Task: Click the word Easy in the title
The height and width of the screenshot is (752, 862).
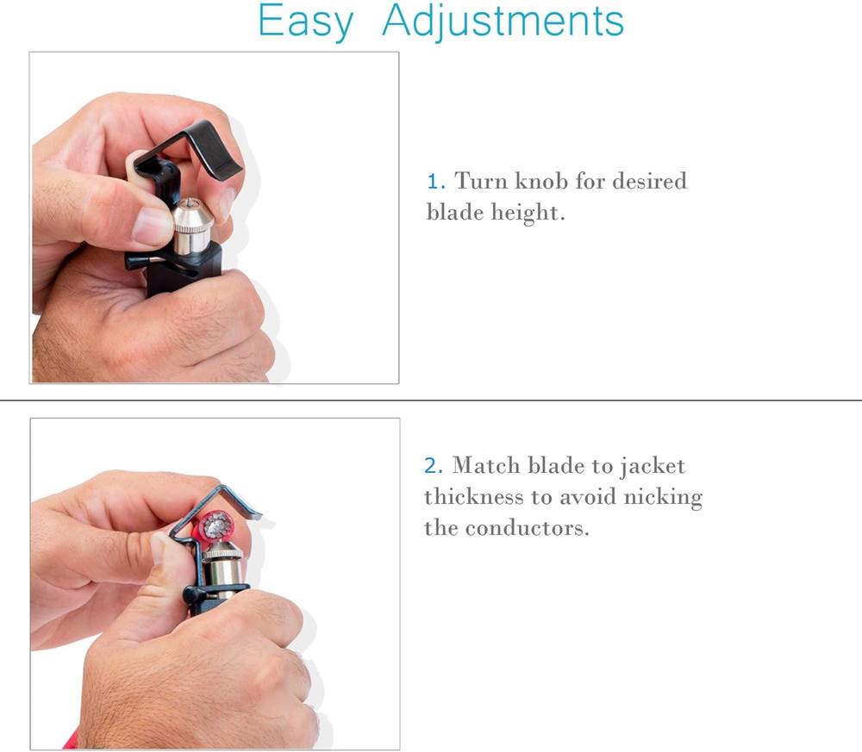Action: pyautogui.click(x=305, y=22)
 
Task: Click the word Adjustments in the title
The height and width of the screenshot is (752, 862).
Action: pyautogui.click(x=503, y=22)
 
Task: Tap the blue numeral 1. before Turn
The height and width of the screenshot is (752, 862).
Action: pyautogui.click(x=435, y=182)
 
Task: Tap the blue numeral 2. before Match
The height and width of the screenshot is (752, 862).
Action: pyautogui.click(x=434, y=467)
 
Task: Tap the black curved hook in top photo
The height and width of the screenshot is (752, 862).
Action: pyautogui.click(x=207, y=146)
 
